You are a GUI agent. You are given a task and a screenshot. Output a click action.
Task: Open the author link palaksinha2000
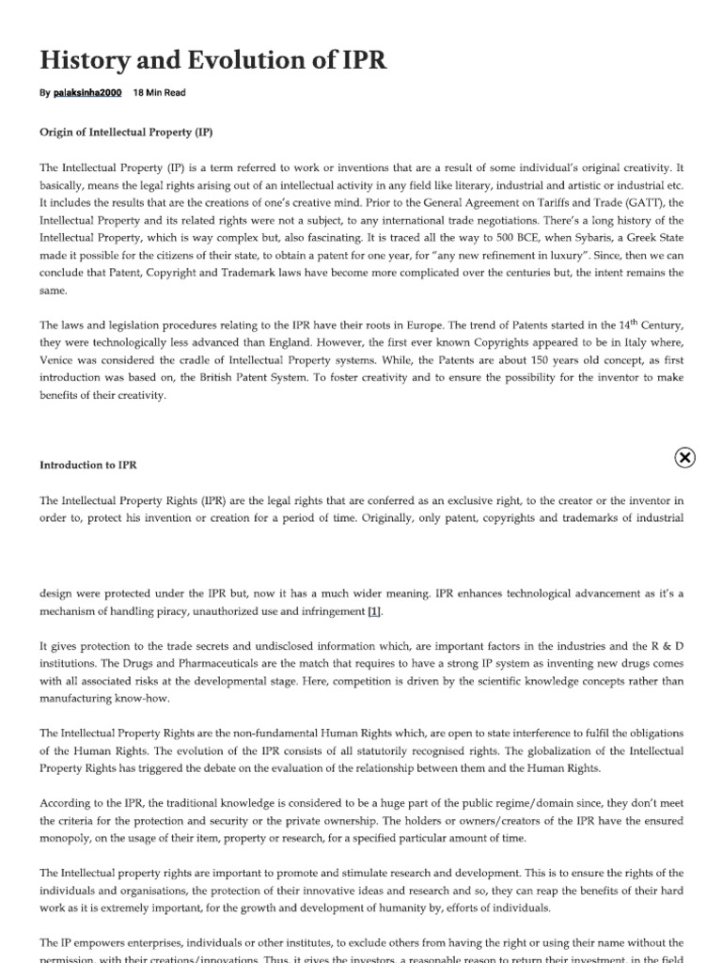point(87,93)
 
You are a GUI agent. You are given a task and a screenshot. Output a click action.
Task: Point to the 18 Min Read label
point(161,93)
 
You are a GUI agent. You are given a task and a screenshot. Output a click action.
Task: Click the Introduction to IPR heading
point(92,465)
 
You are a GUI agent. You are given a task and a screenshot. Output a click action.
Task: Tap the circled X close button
point(685,457)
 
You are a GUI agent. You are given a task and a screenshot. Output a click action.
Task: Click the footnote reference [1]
point(374,611)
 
